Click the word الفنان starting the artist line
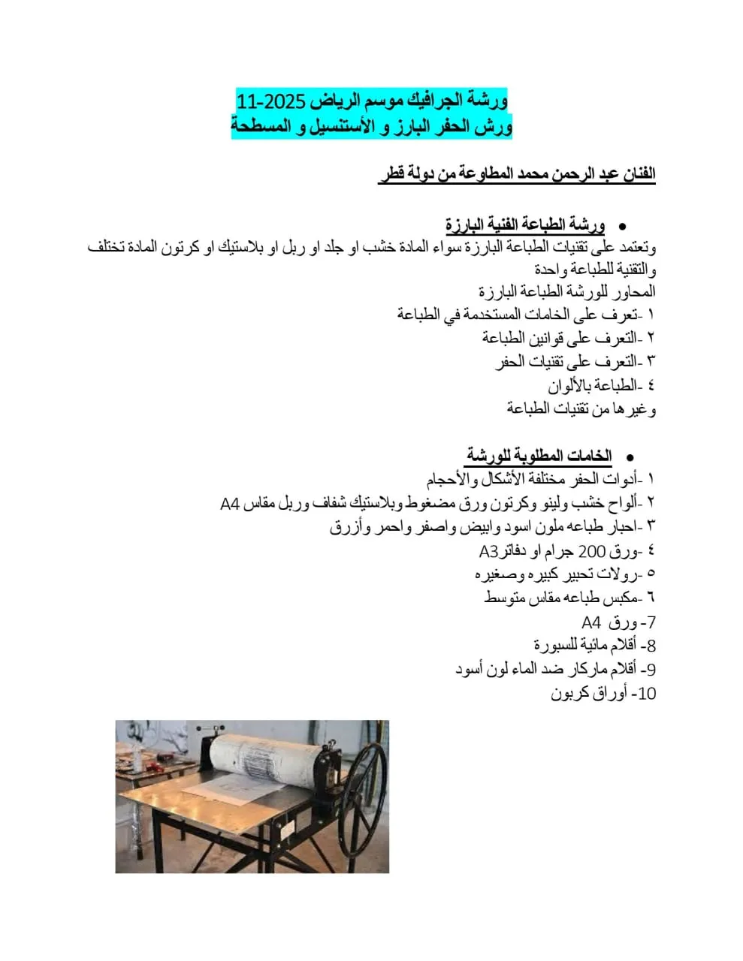pyautogui.click(x=636, y=174)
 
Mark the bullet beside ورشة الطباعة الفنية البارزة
pyautogui.click(x=622, y=225)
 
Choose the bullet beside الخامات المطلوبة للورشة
pyautogui.click(x=630, y=456)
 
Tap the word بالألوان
pyautogui.click(x=575, y=385)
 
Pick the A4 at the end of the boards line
pyautogui.click(x=230, y=503)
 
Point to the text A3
pyautogui.click(x=489, y=552)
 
